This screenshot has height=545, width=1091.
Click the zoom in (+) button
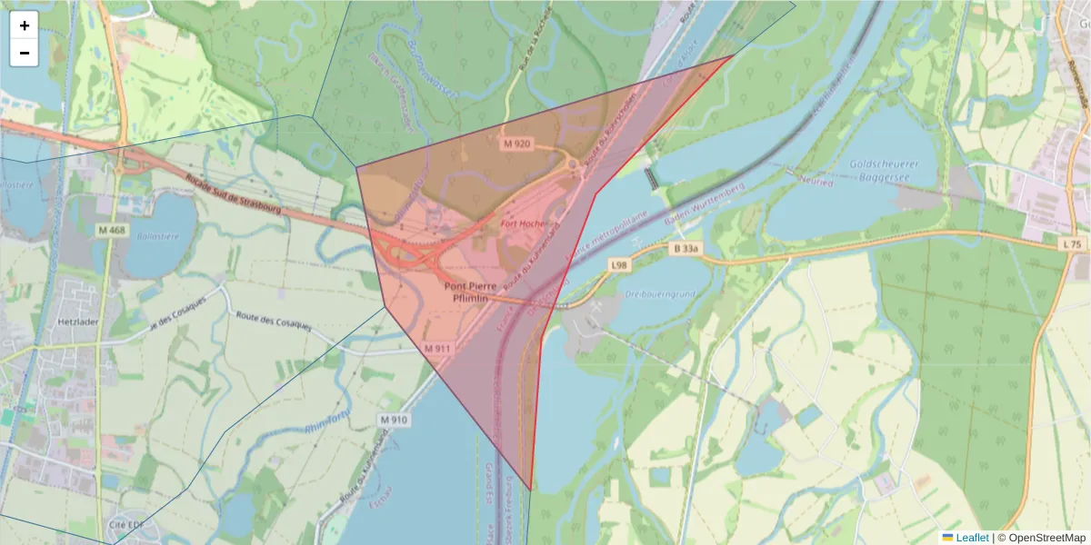(x=25, y=25)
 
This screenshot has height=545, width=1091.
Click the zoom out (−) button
(x=25, y=53)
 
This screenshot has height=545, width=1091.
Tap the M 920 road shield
(x=516, y=144)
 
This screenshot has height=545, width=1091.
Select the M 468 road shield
(x=112, y=231)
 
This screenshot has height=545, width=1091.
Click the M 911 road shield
(x=437, y=348)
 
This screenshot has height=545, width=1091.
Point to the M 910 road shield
(x=394, y=420)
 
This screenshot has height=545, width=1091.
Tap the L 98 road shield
(x=619, y=264)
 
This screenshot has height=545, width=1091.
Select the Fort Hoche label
(x=522, y=223)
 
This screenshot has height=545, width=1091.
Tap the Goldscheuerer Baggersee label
(x=880, y=170)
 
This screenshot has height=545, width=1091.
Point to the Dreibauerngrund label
(x=660, y=293)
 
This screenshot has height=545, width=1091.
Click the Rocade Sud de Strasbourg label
(x=232, y=194)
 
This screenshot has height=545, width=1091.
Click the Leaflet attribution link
(x=971, y=538)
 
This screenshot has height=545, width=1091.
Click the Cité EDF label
(x=126, y=525)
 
